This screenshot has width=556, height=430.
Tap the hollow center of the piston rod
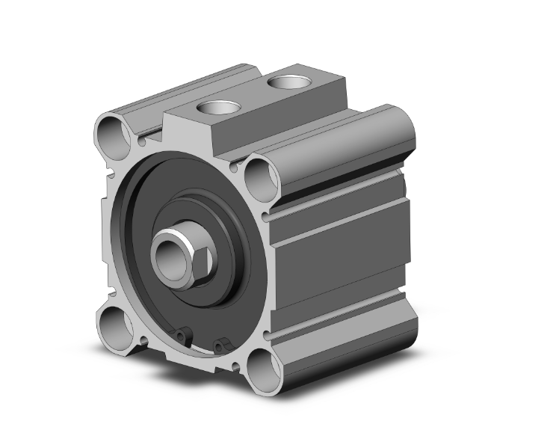click(x=167, y=253)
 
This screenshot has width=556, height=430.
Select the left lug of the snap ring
click(x=182, y=332)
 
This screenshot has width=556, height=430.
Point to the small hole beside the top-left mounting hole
click(x=143, y=140)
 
